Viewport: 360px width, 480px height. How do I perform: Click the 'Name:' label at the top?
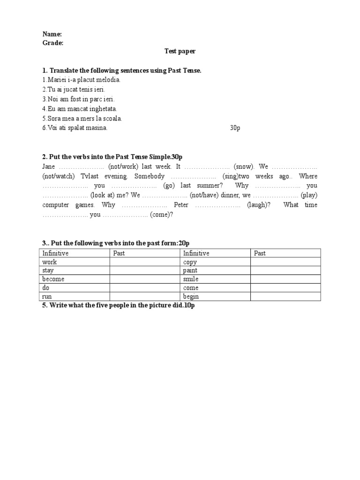pos(52,34)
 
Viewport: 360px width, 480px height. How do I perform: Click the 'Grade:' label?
pos(53,43)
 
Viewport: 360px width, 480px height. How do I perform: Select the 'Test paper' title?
pos(180,52)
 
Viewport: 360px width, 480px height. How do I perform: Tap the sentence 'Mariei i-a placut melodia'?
pos(82,80)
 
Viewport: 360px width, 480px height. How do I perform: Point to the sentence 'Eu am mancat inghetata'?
pos(80,109)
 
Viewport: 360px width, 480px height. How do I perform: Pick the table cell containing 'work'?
pos(75,262)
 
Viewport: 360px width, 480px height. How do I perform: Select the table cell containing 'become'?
pos(75,279)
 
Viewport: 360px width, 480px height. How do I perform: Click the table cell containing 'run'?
pos(75,296)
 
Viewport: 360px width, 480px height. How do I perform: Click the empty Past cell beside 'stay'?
pos(145,270)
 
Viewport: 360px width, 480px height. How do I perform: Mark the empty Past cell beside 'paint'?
pos(285,270)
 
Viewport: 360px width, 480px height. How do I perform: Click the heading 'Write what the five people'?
pos(117,305)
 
